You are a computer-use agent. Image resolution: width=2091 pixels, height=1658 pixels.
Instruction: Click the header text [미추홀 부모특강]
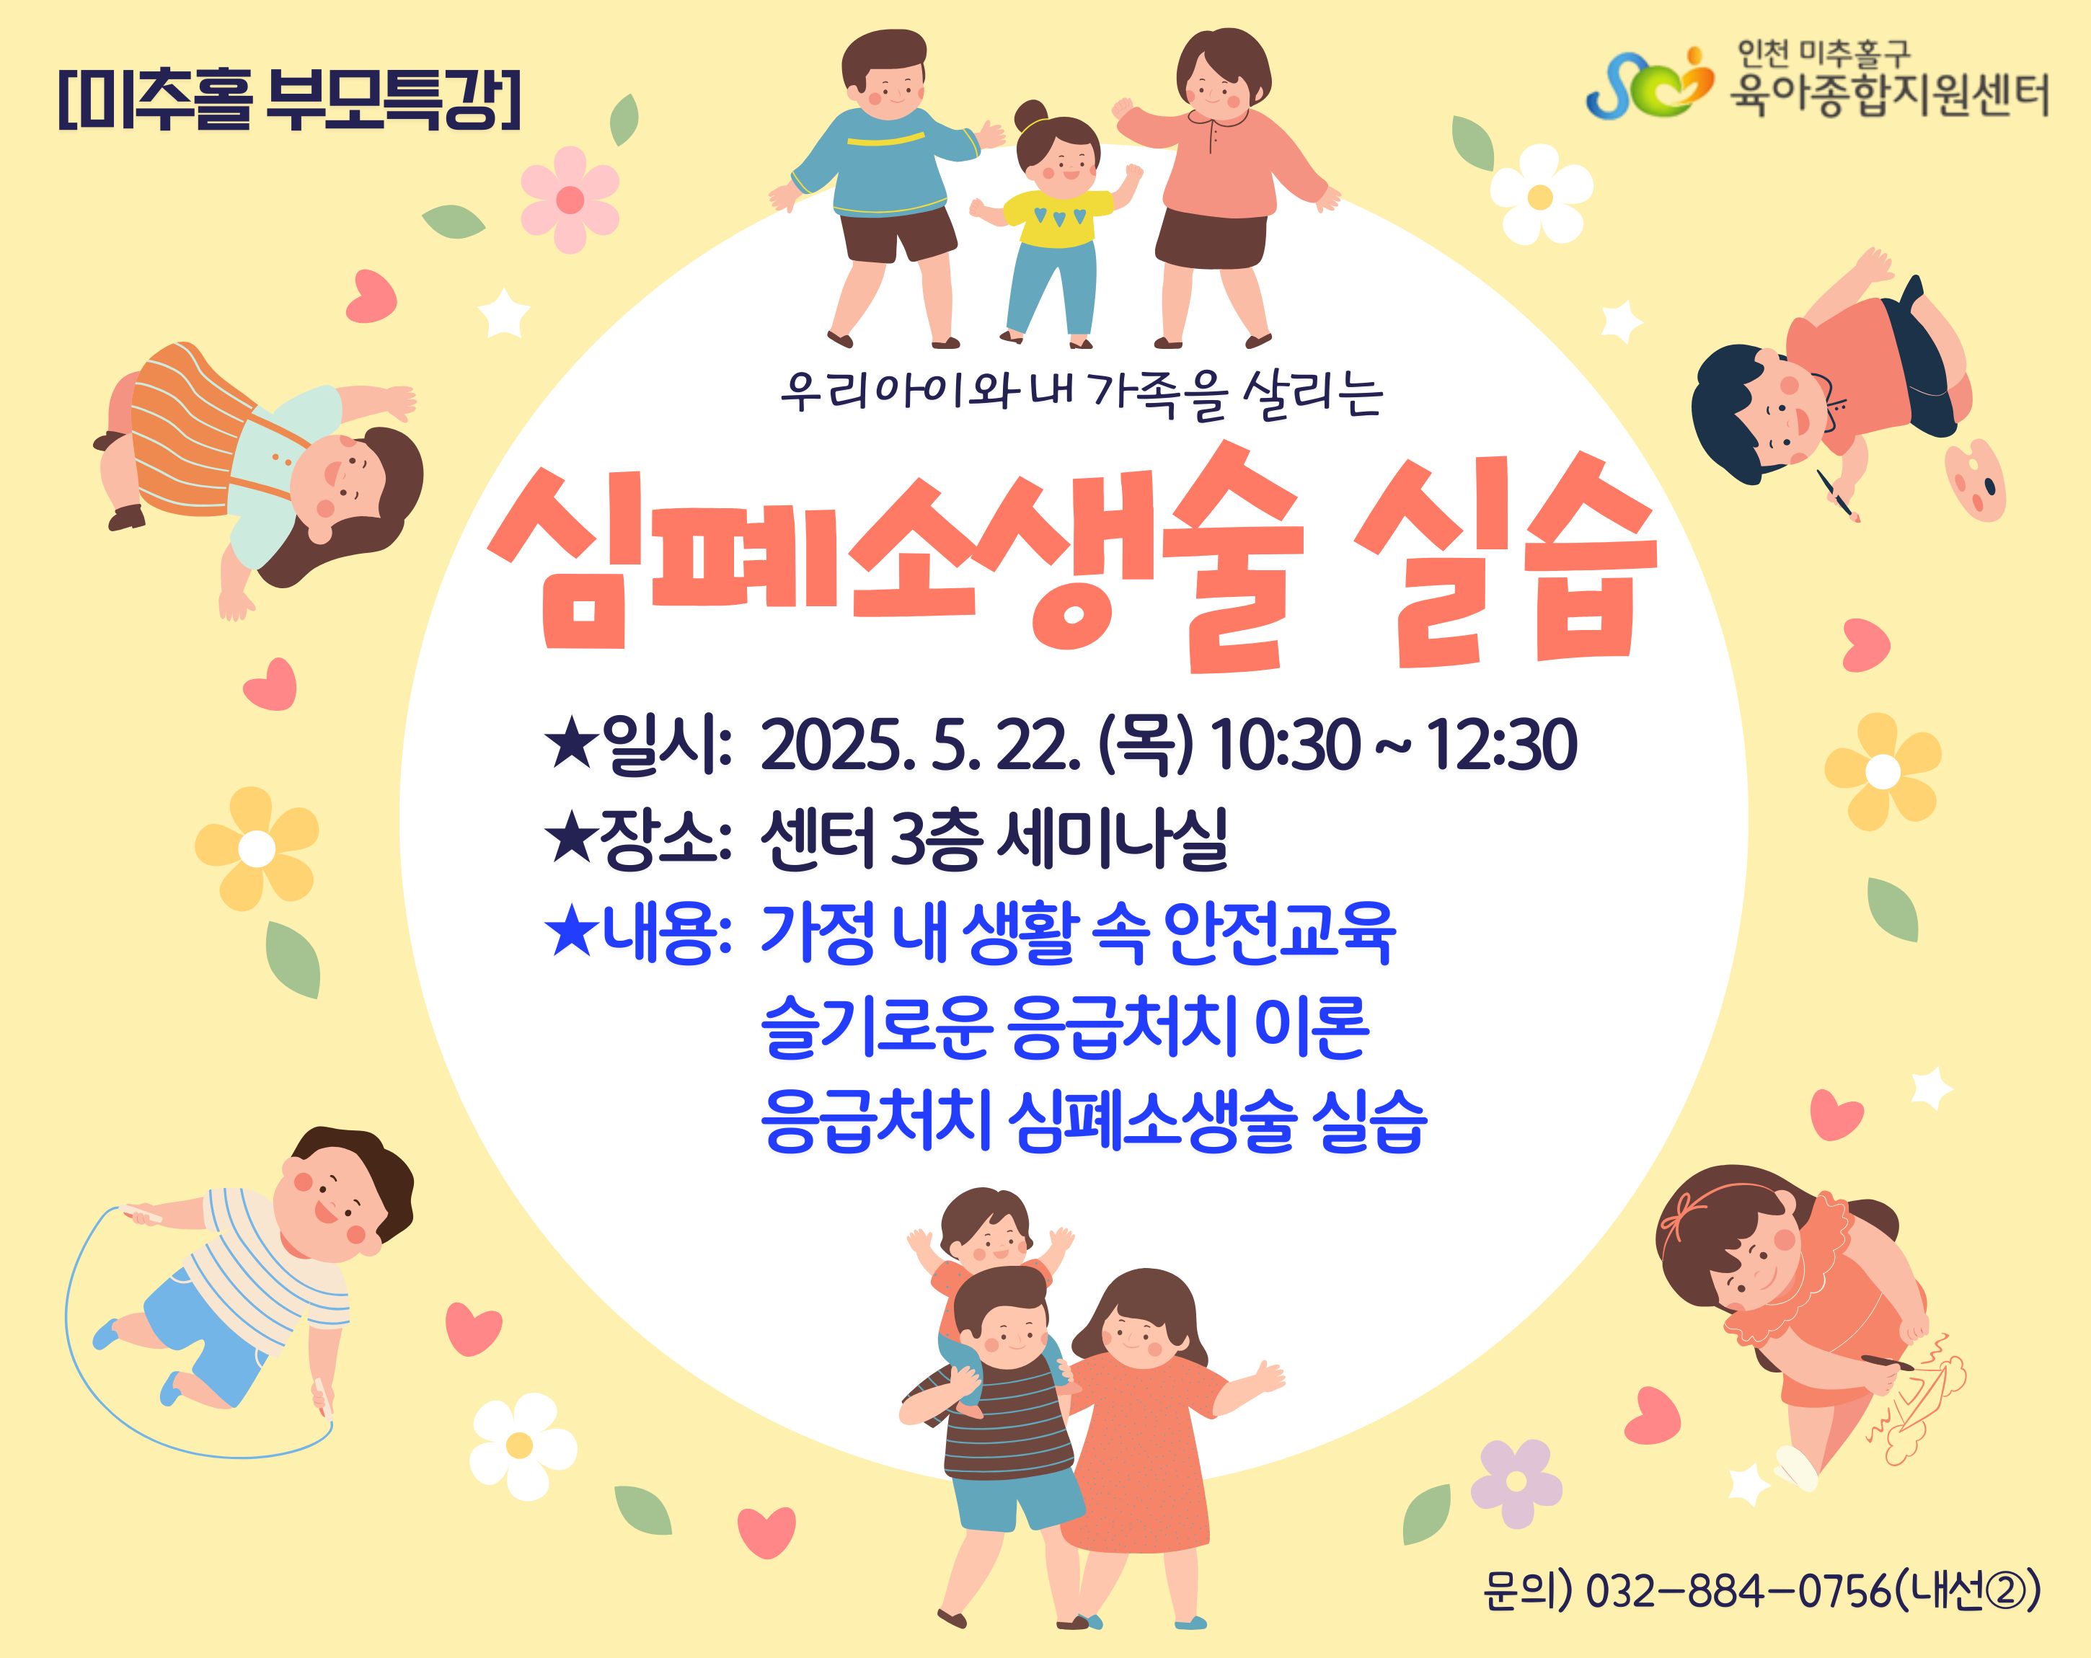pyautogui.click(x=290, y=98)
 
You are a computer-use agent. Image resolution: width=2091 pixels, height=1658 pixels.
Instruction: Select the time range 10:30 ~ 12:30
pyautogui.click(x=1394, y=745)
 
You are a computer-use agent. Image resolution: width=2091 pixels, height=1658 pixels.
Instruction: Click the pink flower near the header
pyautogui.click(x=570, y=200)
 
